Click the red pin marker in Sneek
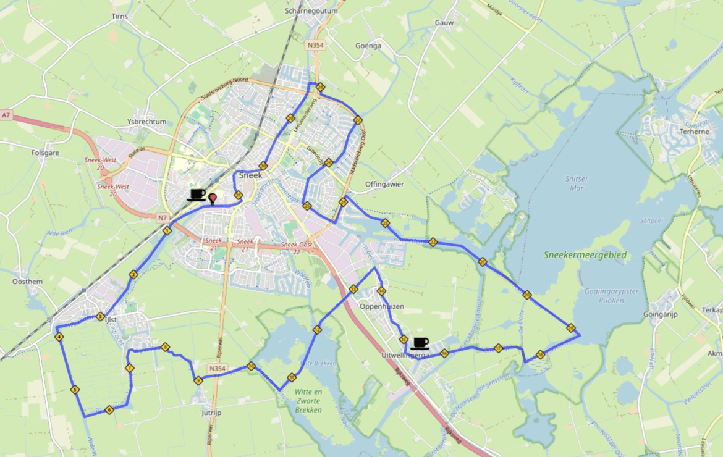coord(213,198)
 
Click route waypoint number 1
coord(167,230)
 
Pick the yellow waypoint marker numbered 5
coord(74,390)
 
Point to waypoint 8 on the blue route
coord(165,347)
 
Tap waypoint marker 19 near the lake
coord(570,328)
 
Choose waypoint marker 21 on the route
coord(482,262)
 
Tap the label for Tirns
coord(120,16)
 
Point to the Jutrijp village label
coord(212,412)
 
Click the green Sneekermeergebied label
coord(585,255)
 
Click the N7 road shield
coord(162,217)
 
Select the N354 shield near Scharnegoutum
coord(315,45)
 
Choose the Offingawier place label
coord(384,184)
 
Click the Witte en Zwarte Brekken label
coord(308,401)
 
